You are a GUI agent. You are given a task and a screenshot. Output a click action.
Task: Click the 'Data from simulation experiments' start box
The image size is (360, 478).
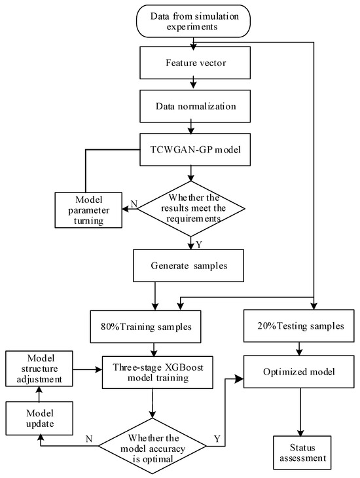pos(193,21)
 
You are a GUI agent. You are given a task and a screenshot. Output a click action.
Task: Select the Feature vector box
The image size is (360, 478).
pos(195,63)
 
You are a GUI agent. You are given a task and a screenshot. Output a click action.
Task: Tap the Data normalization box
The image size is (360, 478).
pos(195,106)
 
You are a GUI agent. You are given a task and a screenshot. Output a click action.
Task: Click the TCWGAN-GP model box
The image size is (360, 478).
pos(195,149)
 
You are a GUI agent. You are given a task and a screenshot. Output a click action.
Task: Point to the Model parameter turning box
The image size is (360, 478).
pos(88,210)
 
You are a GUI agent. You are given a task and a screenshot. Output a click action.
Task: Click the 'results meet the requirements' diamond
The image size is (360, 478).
pos(191,209)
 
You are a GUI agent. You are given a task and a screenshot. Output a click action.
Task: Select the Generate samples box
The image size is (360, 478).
pos(189,266)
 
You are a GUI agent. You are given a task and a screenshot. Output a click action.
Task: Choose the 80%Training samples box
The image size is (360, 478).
pos(145,327)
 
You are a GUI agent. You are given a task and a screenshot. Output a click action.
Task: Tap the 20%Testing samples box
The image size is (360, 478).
pos(299,326)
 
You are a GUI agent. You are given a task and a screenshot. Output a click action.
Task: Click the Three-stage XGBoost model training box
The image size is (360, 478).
pos(157,372)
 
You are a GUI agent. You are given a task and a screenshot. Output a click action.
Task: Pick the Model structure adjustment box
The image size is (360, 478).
pos(39,369)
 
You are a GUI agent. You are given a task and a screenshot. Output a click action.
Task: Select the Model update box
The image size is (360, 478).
pos(39,418)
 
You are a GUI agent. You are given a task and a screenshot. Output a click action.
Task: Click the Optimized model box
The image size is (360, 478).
pos(299,372)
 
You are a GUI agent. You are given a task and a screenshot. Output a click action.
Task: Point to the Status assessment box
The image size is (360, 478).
pos(302,452)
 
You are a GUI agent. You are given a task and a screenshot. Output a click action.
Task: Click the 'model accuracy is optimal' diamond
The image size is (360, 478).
pos(153,447)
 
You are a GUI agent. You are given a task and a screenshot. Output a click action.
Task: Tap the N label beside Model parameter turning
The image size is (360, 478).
pos(134,204)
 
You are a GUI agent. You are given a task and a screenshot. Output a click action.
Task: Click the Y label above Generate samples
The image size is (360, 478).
pos(199,244)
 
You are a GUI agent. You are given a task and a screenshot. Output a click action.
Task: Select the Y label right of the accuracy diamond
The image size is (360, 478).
pos(217,439)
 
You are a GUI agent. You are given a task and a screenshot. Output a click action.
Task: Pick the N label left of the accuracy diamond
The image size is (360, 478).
pos(89,439)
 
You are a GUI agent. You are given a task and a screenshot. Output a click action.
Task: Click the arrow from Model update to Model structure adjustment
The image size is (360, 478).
pos(39,394)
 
